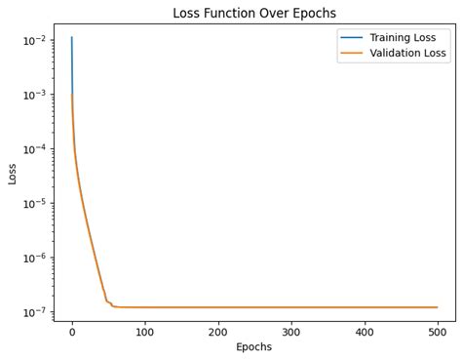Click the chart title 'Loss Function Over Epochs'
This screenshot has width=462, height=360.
(x=253, y=13)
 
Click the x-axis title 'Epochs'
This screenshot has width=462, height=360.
(x=253, y=347)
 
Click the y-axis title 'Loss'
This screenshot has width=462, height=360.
(x=12, y=174)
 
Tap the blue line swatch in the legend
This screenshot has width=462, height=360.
(x=351, y=38)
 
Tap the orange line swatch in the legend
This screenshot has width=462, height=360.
(x=351, y=53)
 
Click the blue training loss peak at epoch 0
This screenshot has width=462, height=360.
(x=71, y=39)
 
